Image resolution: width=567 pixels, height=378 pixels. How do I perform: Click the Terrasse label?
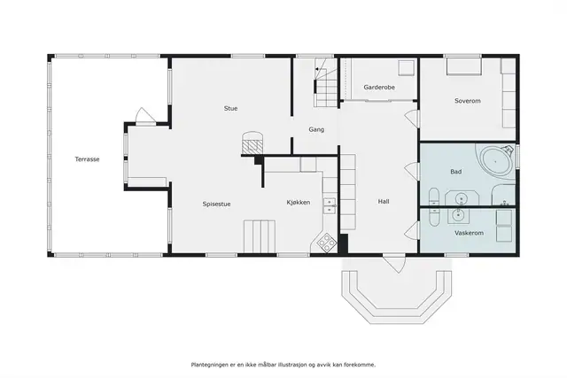coord(87,159)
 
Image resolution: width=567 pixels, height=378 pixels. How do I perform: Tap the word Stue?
coord(230,108)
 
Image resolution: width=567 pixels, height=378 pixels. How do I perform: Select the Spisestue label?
coord(216,204)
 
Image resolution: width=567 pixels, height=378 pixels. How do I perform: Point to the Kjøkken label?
coord(299,203)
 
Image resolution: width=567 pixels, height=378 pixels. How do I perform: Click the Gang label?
coord(316,129)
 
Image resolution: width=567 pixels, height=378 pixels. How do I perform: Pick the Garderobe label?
coord(379,87)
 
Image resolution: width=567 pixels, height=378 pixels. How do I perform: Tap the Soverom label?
coord(468,101)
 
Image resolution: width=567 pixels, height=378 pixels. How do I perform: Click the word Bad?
coord(456,171)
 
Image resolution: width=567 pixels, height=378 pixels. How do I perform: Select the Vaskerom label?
coord(469,233)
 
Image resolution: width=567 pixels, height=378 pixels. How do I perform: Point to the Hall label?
coord(384,202)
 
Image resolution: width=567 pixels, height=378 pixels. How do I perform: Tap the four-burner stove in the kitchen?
coord(327,243)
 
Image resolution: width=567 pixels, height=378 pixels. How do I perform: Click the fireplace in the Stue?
coord(252,143)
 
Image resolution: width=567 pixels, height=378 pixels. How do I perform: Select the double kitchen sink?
coord(330,205)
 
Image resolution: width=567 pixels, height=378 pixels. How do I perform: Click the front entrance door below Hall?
coord(395,263)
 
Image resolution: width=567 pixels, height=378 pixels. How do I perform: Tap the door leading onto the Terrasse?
coord(145,116)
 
